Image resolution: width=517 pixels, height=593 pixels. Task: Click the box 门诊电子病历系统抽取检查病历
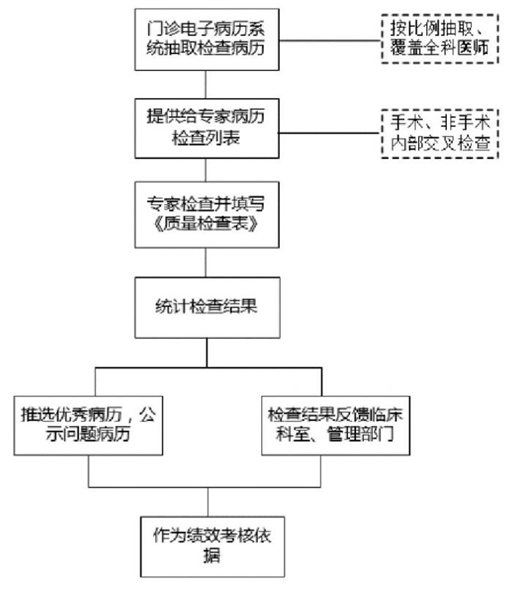tap(207, 40)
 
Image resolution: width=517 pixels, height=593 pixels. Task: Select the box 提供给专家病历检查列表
tap(207, 128)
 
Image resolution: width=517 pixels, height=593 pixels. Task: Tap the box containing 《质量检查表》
tap(207, 215)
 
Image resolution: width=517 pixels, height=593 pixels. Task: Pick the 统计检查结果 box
tap(208, 307)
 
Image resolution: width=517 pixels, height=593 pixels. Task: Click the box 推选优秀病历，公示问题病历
tap(88, 425)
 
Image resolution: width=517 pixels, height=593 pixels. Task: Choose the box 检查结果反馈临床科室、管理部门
tap(335, 425)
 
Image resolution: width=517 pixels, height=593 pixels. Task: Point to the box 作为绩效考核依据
tap(212, 547)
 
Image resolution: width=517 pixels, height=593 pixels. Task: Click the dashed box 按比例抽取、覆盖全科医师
tap(440, 39)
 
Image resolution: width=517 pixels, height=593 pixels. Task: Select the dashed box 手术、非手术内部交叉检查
tap(440, 134)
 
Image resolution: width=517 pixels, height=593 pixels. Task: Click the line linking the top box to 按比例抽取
tap(330, 41)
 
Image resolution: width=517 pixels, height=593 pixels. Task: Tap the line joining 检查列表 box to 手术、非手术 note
tap(330, 133)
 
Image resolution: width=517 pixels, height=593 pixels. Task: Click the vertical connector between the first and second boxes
tap(206, 85)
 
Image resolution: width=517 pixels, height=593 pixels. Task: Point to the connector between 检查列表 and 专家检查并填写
tap(206, 170)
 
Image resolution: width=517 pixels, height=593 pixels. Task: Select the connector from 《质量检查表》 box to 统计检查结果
tap(206, 262)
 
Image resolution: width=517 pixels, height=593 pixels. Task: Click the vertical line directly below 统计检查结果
tap(207, 352)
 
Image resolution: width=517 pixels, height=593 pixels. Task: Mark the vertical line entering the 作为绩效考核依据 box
tap(208, 502)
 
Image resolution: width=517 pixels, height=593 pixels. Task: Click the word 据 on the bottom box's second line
tap(212, 555)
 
